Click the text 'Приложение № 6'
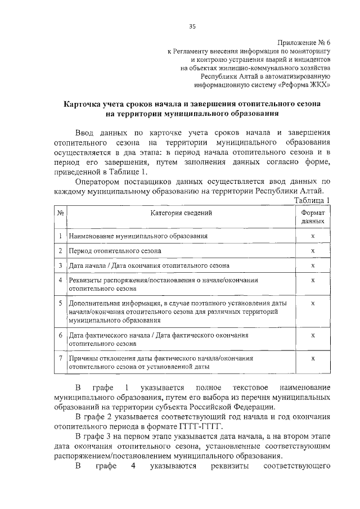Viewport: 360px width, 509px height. [x=304, y=43]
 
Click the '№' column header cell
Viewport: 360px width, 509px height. [x=60, y=213]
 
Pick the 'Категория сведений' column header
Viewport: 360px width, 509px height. [x=181, y=213]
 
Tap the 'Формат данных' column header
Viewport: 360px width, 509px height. [x=312, y=218]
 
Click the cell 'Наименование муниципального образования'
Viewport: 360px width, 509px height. [x=138, y=237]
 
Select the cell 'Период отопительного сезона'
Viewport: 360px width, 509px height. [x=115, y=250]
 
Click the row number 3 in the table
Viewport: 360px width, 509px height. [x=60, y=264]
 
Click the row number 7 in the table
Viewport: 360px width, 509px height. [x=60, y=358]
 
